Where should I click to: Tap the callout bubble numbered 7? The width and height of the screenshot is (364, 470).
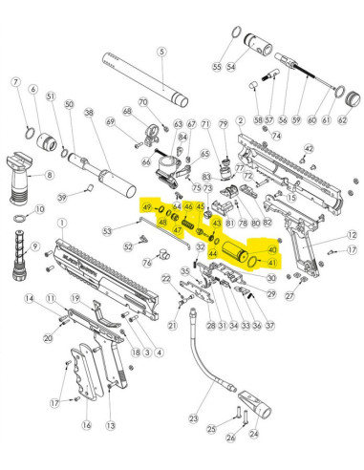[x=16, y=83]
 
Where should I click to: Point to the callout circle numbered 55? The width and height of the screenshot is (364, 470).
[x=217, y=67]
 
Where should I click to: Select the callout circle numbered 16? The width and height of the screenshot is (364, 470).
[x=87, y=424]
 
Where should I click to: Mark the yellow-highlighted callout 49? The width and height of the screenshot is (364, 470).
[x=146, y=207]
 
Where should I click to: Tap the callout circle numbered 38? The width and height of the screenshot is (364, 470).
[x=89, y=113]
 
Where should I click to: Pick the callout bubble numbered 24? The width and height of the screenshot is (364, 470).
[x=253, y=438]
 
